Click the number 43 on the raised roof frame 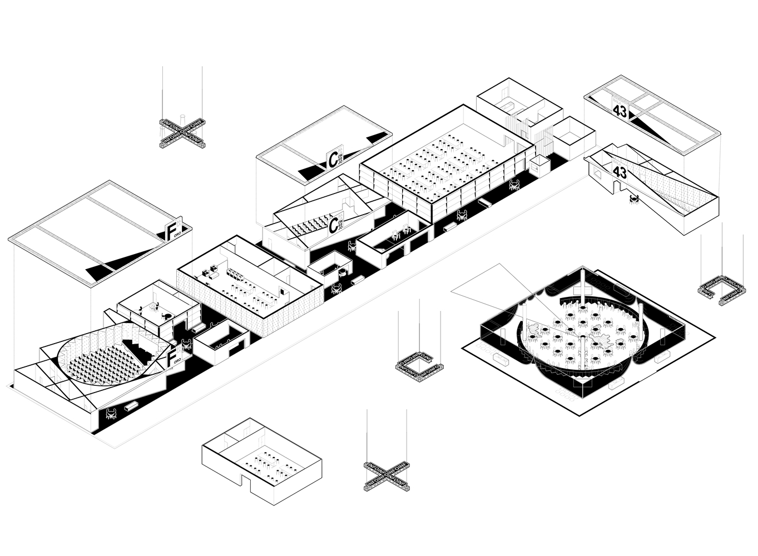[x=620, y=111]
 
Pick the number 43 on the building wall [x=620, y=173]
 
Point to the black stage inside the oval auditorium [x=136, y=349]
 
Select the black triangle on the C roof [x=311, y=171]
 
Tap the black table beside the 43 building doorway [x=633, y=197]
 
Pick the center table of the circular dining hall [x=582, y=336]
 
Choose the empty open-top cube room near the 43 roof [x=573, y=135]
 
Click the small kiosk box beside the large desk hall [x=539, y=165]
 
